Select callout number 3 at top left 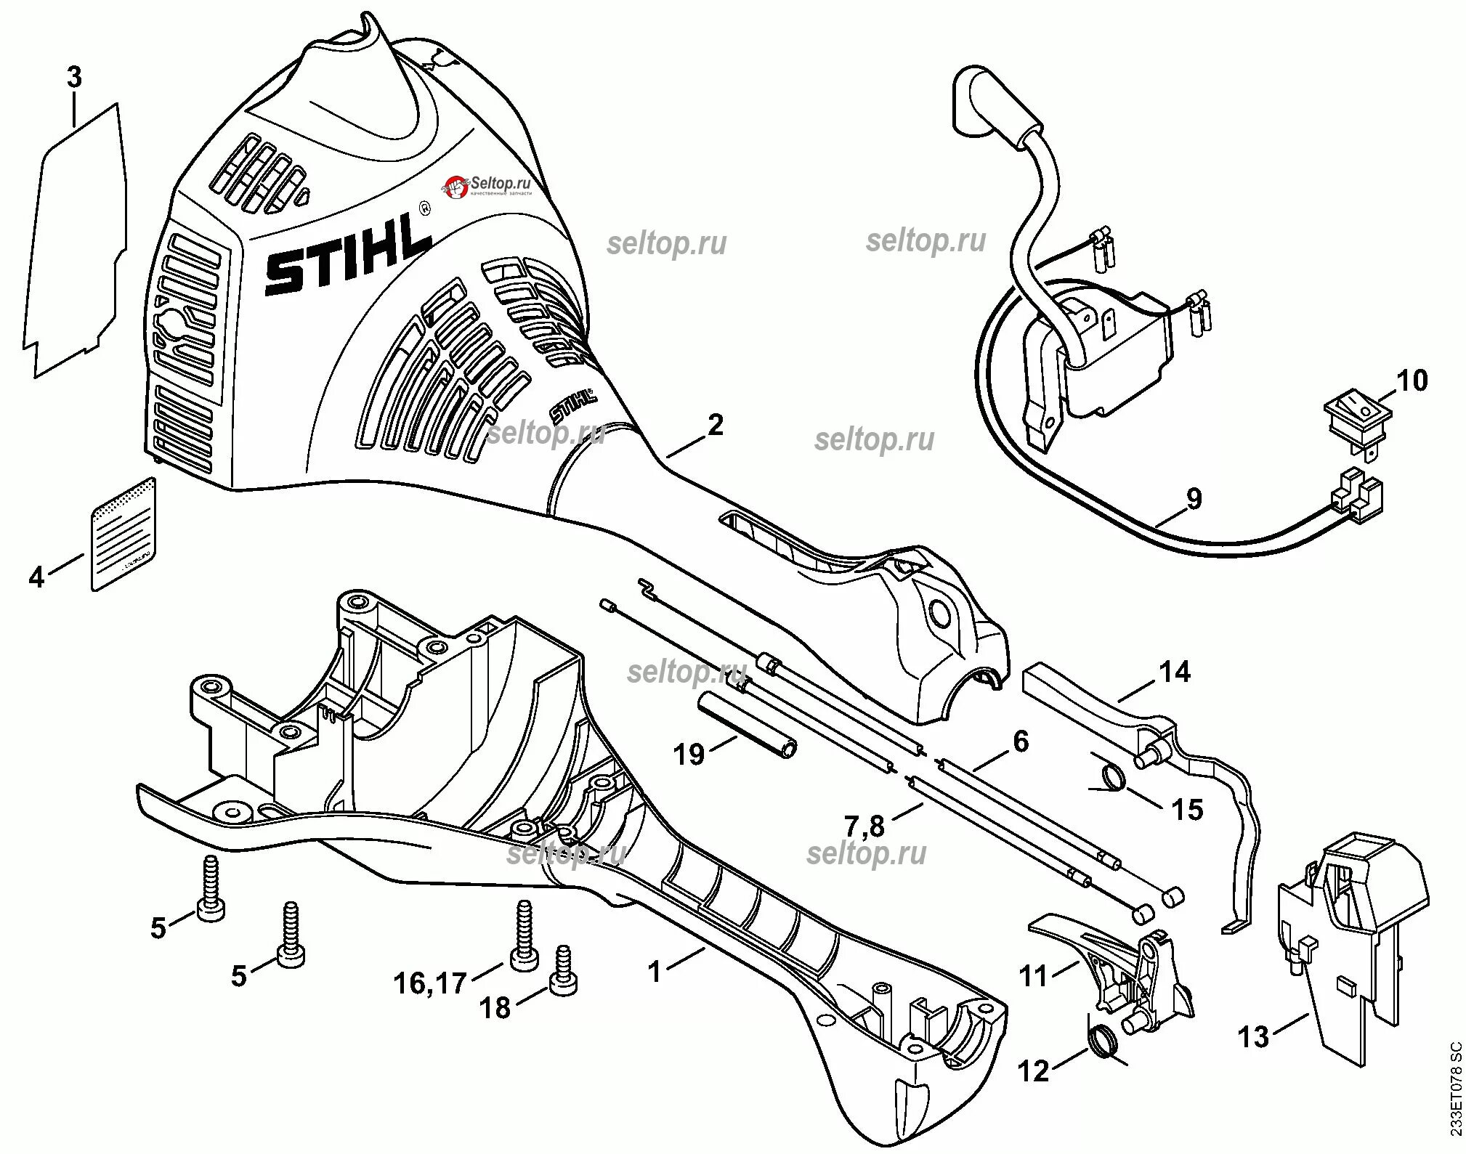pos(74,78)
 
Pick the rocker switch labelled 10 pos(1354,418)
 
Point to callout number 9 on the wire pos(1194,499)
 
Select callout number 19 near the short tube pos(689,755)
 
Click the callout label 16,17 pos(430,984)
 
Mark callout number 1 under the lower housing pos(656,972)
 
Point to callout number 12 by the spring pos(1033,1071)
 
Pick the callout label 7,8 pos(864,826)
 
